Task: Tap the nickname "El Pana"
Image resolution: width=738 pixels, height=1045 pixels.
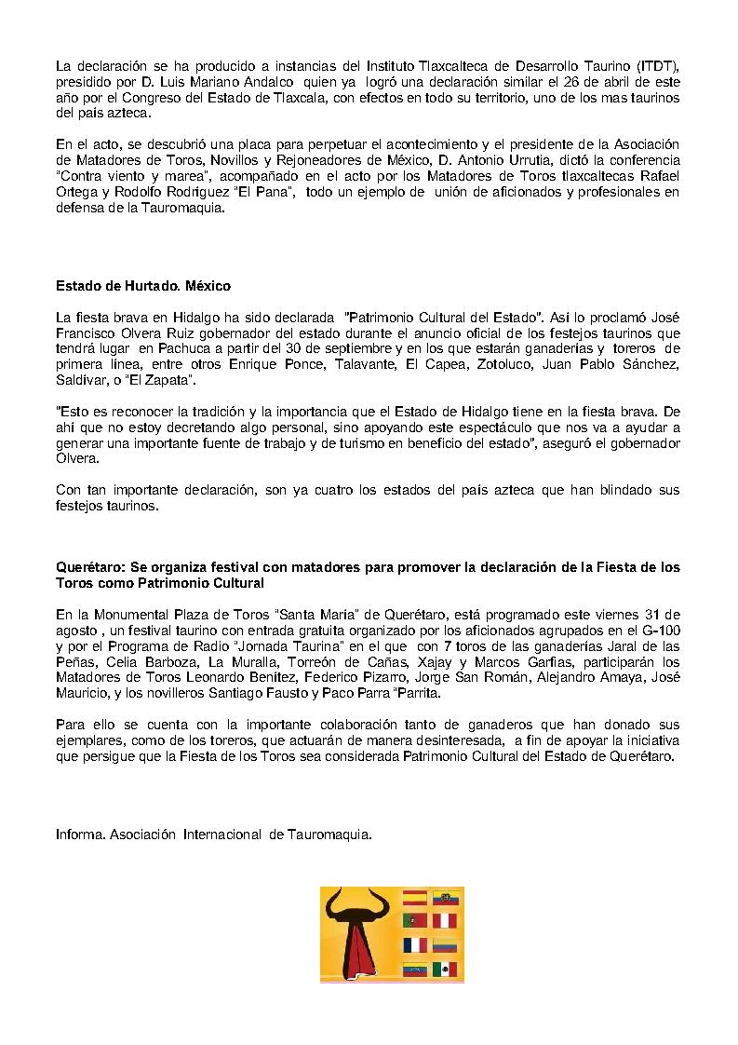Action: [271, 192]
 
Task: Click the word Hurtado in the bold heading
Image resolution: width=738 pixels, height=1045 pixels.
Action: [140, 285]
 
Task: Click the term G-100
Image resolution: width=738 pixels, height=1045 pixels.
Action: [657, 631]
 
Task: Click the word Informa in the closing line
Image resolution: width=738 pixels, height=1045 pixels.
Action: [80, 835]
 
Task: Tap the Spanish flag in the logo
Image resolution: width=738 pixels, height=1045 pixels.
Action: [414, 899]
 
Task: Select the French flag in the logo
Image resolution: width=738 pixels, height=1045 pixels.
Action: [414, 945]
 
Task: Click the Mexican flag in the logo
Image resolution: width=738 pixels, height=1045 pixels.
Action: [449, 969]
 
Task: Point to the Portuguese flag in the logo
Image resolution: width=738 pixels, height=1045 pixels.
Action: [414, 922]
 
